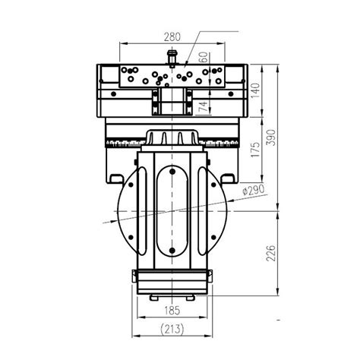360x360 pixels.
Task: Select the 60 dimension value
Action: coord(204,58)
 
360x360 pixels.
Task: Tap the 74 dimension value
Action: coord(204,107)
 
